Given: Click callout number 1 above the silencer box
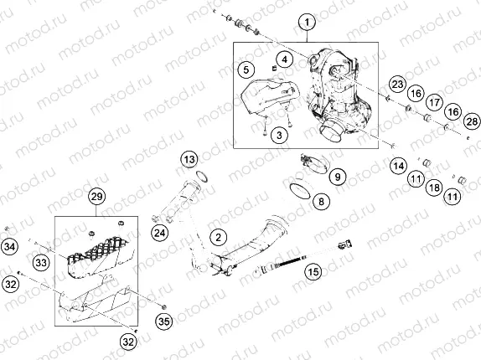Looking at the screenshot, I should [x=307, y=22].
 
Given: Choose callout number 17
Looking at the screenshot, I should [x=433, y=101].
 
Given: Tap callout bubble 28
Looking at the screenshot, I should [x=471, y=122].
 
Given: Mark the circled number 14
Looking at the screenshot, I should [x=397, y=166].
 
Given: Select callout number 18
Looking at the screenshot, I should [x=433, y=187].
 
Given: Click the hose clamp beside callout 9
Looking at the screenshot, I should [x=312, y=162].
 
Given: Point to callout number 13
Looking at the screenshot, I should [x=189, y=158].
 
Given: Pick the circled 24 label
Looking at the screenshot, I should [x=159, y=232].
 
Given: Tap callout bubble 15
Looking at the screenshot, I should [x=313, y=271].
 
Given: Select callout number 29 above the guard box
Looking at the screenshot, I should [x=96, y=198].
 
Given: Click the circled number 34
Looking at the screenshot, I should [x=9, y=246].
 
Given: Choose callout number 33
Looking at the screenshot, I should [x=41, y=263].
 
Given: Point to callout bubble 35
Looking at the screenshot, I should [x=163, y=319].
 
